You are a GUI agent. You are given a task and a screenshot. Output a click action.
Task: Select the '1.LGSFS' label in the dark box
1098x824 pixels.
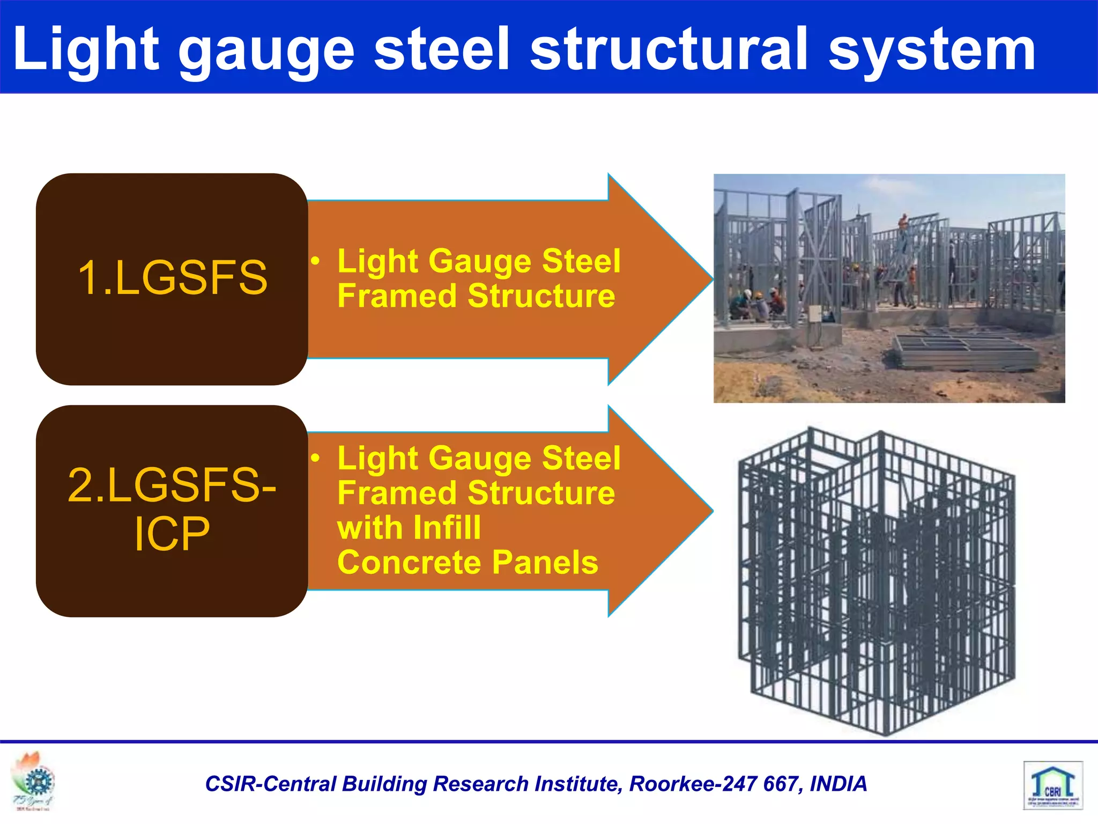click(172, 278)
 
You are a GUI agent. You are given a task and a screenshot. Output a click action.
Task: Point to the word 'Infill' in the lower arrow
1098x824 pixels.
click(447, 528)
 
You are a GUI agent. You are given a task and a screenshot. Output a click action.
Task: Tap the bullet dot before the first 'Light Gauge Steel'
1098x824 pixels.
click(316, 261)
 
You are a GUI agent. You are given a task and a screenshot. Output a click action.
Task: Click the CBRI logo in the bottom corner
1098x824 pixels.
click(1052, 785)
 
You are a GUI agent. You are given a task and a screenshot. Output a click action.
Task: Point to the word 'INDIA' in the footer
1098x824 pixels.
click(838, 784)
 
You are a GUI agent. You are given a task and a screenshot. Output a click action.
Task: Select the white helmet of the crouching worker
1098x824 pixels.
click(747, 294)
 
